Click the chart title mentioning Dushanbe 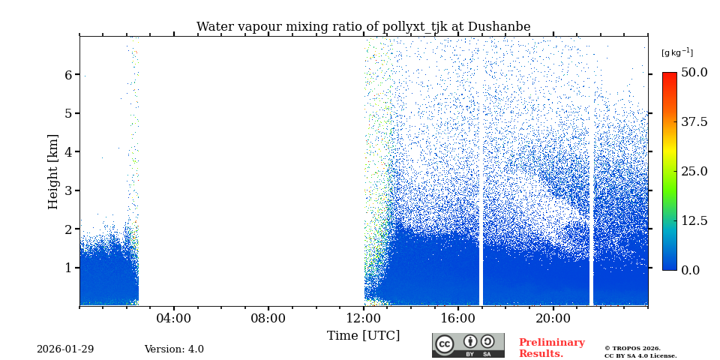click(x=363, y=27)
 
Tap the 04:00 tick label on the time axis click(x=174, y=318)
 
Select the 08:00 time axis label click(x=268, y=318)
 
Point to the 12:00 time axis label click(x=364, y=318)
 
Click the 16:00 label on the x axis click(x=458, y=318)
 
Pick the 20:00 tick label click(x=553, y=318)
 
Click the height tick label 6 click(x=67, y=75)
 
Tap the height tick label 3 click(x=67, y=190)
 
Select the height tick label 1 click(x=67, y=268)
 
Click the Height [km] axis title click(x=53, y=171)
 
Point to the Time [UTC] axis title click(x=363, y=335)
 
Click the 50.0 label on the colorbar click(x=694, y=72)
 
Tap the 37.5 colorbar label click(x=694, y=121)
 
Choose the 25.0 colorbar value click(x=694, y=171)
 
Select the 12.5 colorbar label click(x=694, y=220)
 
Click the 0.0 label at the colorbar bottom click(x=690, y=270)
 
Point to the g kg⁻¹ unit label click(x=676, y=52)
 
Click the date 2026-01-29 click(x=65, y=349)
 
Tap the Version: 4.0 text click(x=174, y=349)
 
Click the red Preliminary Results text click(x=551, y=348)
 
